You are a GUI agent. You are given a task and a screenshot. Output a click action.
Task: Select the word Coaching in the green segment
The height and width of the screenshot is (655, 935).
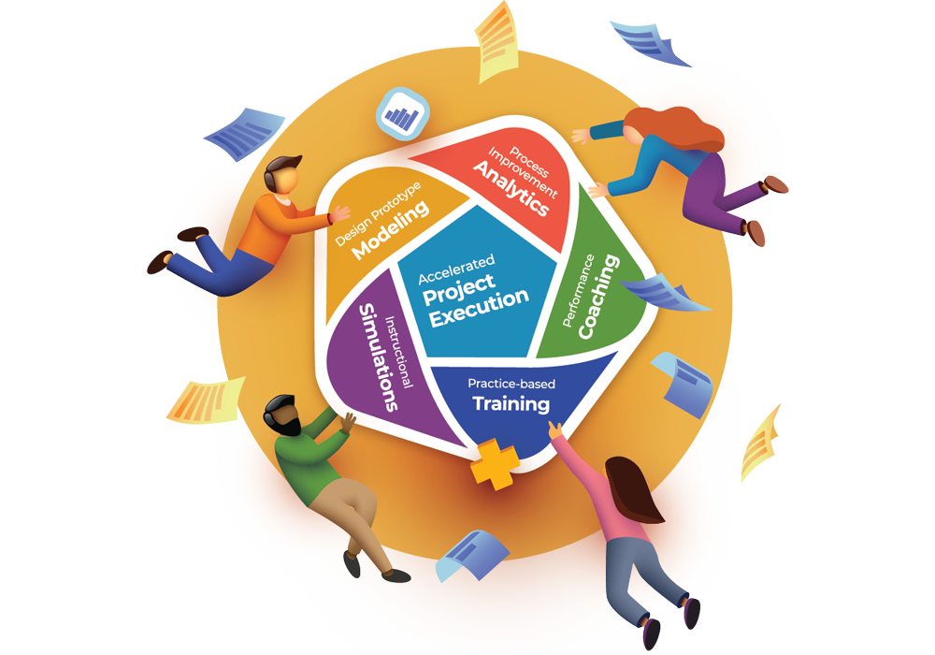[599, 297]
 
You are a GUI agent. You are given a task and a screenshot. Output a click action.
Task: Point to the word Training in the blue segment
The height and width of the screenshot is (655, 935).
[511, 404]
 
